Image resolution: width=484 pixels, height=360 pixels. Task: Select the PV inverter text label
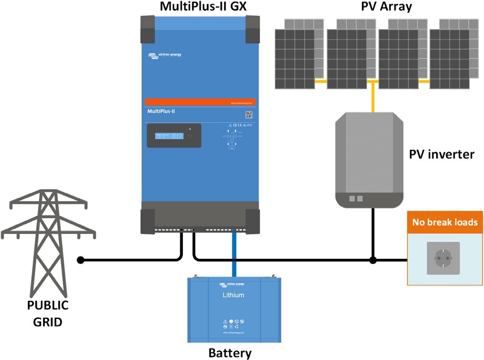[441, 154]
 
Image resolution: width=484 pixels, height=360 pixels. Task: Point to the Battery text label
[230, 353]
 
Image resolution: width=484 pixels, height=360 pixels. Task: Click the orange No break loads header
[445, 222]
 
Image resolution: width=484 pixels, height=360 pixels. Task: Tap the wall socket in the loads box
[443, 258]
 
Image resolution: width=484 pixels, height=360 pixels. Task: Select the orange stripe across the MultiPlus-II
[200, 102]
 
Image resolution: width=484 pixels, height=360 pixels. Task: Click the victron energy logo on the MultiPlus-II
[164, 55]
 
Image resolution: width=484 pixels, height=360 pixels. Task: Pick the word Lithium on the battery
[233, 295]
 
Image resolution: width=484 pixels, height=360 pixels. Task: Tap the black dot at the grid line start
[81, 260]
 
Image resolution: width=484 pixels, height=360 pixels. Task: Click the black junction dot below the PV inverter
[373, 260]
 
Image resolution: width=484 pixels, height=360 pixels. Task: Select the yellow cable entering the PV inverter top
[373, 98]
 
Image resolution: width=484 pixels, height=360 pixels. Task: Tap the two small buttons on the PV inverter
[357, 199]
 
